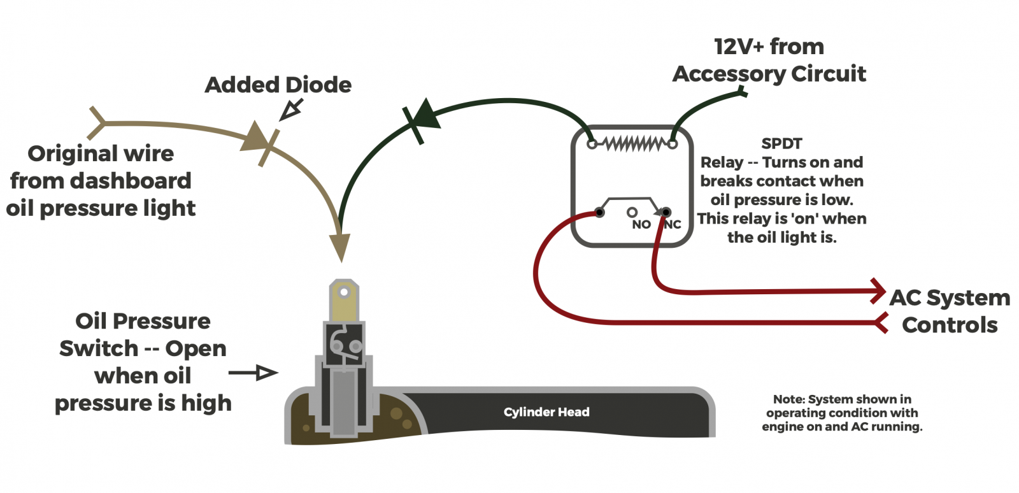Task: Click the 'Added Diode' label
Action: [278, 85]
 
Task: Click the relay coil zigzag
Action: [632, 145]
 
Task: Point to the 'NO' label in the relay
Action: [641, 224]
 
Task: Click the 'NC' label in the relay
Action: [673, 224]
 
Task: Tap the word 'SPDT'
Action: [781, 144]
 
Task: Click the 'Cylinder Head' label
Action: [546, 412]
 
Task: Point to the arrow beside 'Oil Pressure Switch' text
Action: [254, 373]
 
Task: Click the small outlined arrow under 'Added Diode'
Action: [291, 110]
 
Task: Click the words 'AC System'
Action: [950, 297]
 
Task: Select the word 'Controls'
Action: [950, 325]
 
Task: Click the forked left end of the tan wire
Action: [96, 122]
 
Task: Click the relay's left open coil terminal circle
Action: [592, 145]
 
